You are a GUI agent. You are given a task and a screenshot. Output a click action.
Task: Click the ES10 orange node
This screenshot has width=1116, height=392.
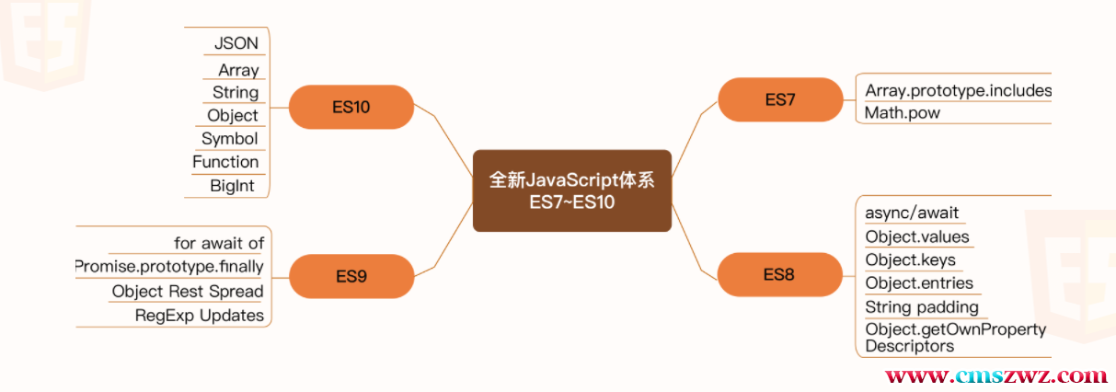351,107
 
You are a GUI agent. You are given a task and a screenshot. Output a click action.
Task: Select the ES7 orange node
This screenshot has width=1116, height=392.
780,99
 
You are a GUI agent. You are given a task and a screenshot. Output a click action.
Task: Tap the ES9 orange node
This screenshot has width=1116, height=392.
351,275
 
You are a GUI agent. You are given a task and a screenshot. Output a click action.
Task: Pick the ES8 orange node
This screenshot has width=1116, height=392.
779,274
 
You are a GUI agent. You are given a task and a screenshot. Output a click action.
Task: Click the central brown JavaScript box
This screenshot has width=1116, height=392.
571,190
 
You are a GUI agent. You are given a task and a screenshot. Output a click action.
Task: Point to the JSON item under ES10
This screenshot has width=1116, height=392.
236,43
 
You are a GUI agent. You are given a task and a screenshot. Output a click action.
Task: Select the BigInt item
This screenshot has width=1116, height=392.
232,186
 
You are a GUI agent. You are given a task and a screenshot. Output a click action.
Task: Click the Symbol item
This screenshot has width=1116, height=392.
230,138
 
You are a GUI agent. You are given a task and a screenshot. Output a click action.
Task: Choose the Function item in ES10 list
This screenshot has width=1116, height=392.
225,162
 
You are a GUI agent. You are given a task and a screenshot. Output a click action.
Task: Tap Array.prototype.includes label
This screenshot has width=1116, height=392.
958,90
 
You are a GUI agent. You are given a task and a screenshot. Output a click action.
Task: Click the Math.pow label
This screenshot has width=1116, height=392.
903,113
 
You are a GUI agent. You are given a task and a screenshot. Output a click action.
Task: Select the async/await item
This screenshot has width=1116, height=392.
912,213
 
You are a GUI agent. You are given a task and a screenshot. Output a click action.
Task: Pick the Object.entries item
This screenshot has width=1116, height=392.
919,282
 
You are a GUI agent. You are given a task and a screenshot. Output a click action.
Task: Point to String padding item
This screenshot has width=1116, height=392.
922,306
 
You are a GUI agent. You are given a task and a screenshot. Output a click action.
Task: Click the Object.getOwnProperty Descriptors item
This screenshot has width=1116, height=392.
955,338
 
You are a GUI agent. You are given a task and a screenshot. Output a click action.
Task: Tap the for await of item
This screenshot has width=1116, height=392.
219,243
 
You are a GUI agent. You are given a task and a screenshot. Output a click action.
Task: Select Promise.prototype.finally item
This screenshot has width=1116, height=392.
169,267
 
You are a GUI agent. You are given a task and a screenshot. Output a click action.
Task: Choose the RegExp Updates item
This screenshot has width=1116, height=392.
200,316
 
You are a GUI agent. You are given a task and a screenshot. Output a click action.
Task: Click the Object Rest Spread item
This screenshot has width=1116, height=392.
188,292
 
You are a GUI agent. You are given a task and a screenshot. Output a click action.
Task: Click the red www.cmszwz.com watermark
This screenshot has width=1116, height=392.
995,375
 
